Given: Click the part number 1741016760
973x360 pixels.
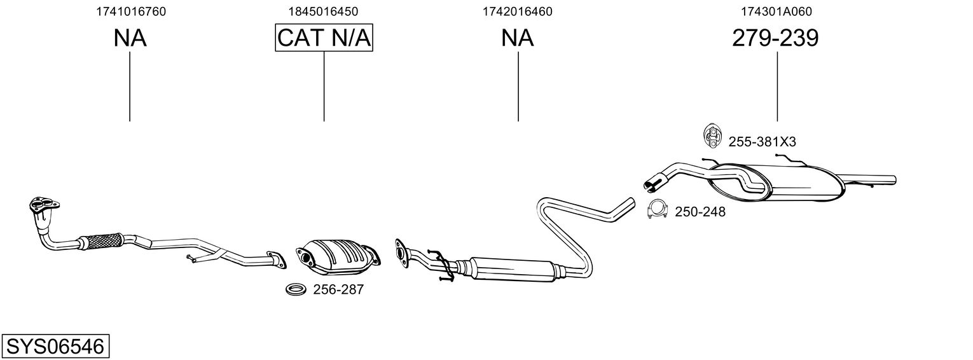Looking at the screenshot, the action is click(x=131, y=11).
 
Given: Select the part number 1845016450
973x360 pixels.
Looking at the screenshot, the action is click(x=323, y=11).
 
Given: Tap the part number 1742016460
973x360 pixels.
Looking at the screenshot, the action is click(x=517, y=11).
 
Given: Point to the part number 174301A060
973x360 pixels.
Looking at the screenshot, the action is click(x=776, y=11).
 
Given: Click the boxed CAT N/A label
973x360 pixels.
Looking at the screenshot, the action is click(x=324, y=38).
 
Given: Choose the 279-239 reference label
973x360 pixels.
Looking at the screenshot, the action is click(x=775, y=38).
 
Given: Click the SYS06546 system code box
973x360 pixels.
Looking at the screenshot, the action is click(x=55, y=347).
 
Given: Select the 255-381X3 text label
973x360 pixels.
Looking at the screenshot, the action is click(x=762, y=142).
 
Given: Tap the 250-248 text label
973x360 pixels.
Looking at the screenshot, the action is click(x=700, y=212).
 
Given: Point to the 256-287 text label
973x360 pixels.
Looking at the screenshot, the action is click(x=338, y=290).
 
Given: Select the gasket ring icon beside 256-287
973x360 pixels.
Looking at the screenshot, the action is click(x=294, y=290).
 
